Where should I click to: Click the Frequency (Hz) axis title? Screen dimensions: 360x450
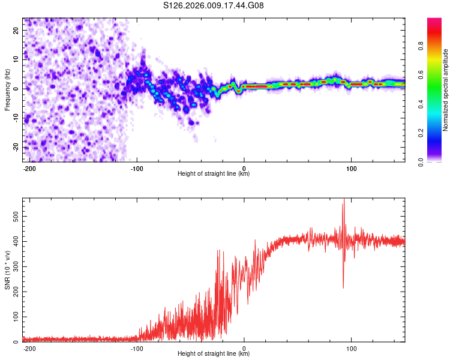click(x=7, y=89)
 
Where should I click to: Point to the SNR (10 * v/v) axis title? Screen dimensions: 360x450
click(x=7, y=270)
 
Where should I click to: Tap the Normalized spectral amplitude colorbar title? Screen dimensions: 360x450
click(x=445, y=90)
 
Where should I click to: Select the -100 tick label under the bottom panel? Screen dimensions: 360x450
click(x=137, y=349)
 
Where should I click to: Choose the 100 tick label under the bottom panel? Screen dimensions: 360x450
click(x=352, y=349)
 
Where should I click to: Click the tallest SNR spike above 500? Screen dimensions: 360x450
click(x=344, y=202)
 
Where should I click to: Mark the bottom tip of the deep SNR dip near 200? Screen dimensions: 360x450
click(x=343, y=288)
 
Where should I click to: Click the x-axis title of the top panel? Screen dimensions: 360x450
click(x=214, y=174)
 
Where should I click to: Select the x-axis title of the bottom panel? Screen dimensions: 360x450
click(x=214, y=354)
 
